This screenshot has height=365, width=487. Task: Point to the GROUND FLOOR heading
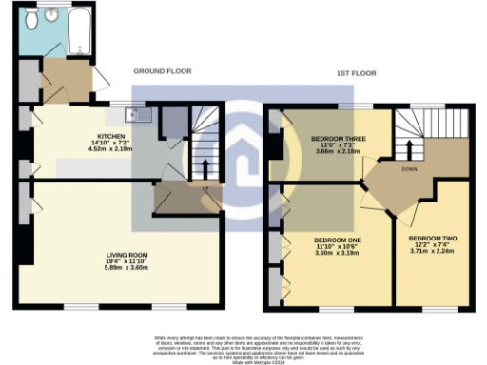[x=162, y=71]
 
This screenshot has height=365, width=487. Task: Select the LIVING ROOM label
[x=121, y=255]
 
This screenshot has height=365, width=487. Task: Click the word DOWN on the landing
[x=409, y=171]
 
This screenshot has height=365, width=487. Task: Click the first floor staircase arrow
[x=410, y=149]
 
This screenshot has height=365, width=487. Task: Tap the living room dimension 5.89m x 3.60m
[x=121, y=268]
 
